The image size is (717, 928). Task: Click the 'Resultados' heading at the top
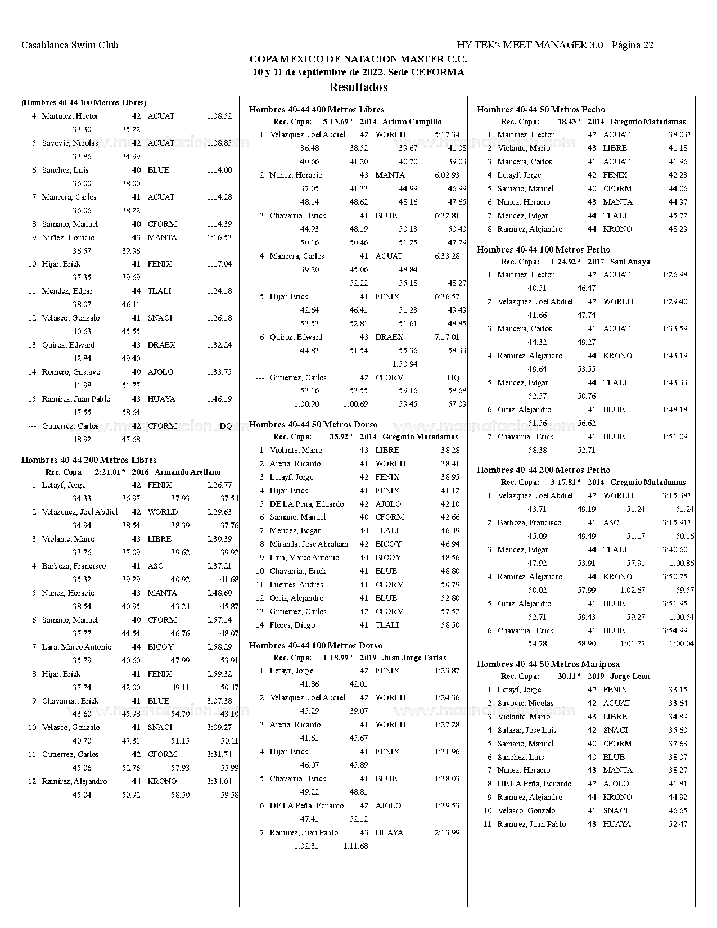pyautogui.click(x=358, y=87)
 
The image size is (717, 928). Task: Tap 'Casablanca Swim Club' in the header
pyautogui.click(x=70, y=45)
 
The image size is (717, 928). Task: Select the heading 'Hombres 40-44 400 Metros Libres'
pyautogui.click(x=317, y=110)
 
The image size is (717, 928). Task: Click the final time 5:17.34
pyautogui.click(x=447, y=135)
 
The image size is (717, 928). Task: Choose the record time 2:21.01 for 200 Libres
pyautogui.click(x=108, y=472)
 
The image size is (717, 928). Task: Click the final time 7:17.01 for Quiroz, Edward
pyautogui.click(x=447, y=337)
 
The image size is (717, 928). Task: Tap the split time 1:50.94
pyautogui.click(x=404, y=364)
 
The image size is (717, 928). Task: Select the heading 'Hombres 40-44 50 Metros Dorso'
pyautogui.click(x=313, y=425)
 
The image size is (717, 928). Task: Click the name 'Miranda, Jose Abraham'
pyautogui.click(x=309, y=544)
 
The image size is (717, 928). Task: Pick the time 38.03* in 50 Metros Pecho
pyautogui.click(x=679, y=135)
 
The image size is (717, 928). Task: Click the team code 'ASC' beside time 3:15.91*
pyautogui.click(x=611, y=523)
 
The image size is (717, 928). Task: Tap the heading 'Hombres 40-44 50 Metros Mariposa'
pyautogui.click(x=548, y=664)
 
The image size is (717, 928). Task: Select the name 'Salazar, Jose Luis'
pyautogui.click(x=527, y=730)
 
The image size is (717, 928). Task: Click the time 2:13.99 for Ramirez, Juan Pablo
pyautogui.click(x=447, y=833)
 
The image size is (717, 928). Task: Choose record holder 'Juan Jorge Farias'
pyautogui.click(x=414, y=657)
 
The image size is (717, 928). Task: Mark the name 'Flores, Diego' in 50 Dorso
pyautogui.click(x=292, y=625)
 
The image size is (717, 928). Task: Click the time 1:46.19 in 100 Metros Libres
pyautogui.click(x=219, y=399)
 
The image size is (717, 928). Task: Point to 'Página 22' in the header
pyautogui.click(x=632, y=45)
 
